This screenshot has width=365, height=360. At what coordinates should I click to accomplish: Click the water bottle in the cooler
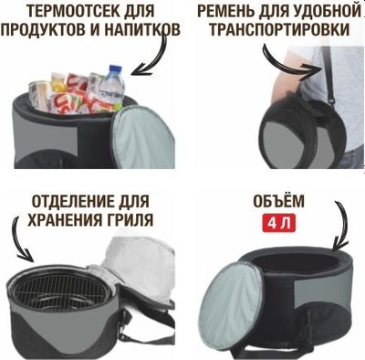[x=111, y=84]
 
